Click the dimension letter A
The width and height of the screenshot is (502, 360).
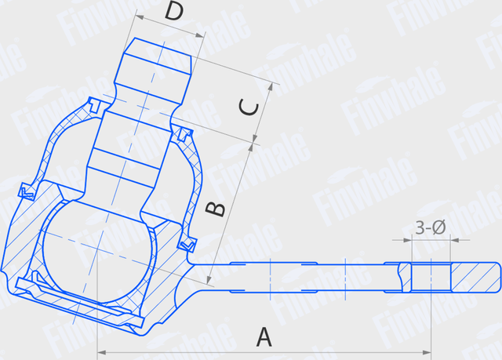[264, 337]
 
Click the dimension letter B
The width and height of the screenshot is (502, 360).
[215, 209]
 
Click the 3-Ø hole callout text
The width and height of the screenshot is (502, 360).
[430, 227]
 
